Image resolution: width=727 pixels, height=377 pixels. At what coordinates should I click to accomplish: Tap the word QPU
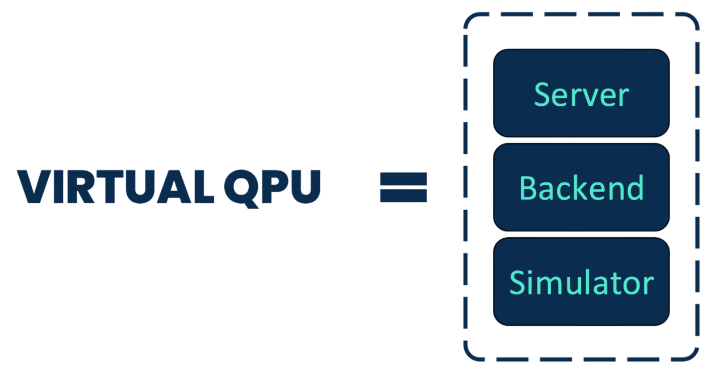tap(272, 187)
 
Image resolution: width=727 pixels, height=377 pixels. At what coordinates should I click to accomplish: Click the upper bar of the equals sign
tap(403, 179)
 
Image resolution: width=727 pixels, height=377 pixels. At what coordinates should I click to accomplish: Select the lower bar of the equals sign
tap(403, 196)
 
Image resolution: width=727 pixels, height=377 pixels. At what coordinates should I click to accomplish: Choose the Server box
tap(581, 93)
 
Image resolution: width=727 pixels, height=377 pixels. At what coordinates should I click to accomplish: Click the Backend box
tap(581, 187)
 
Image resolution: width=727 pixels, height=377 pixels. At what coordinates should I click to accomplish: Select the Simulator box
tap(581, 281)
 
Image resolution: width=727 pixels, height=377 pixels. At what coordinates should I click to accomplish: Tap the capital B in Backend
tap(528, 188)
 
